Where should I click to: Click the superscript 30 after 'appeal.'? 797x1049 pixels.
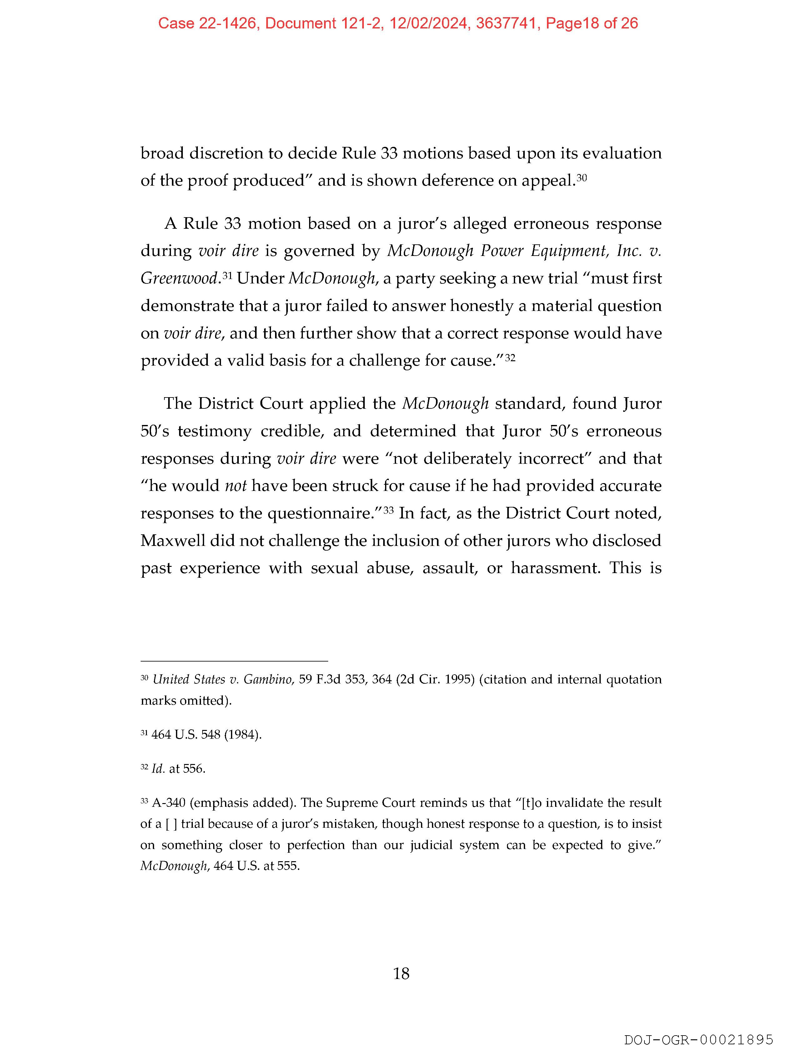[x=582, y=178]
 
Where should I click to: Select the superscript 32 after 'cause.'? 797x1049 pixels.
[x=510, y=357]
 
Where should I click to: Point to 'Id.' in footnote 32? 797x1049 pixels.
[x=158, y=769]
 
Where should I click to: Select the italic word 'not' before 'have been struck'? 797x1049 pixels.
[x=235, y=486]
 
